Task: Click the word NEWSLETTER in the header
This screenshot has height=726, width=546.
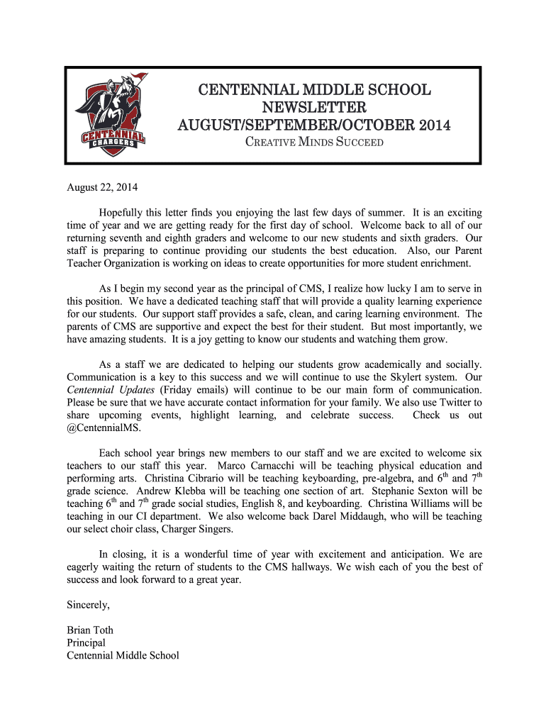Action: (314, 108)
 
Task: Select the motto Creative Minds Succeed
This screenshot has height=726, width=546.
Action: (314, 143)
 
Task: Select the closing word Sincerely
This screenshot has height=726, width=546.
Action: (89, 605)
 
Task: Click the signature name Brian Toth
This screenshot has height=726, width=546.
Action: (90, 630)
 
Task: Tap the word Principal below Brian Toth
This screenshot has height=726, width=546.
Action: (86, 643)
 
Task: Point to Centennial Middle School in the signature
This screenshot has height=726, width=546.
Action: (123, 656)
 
